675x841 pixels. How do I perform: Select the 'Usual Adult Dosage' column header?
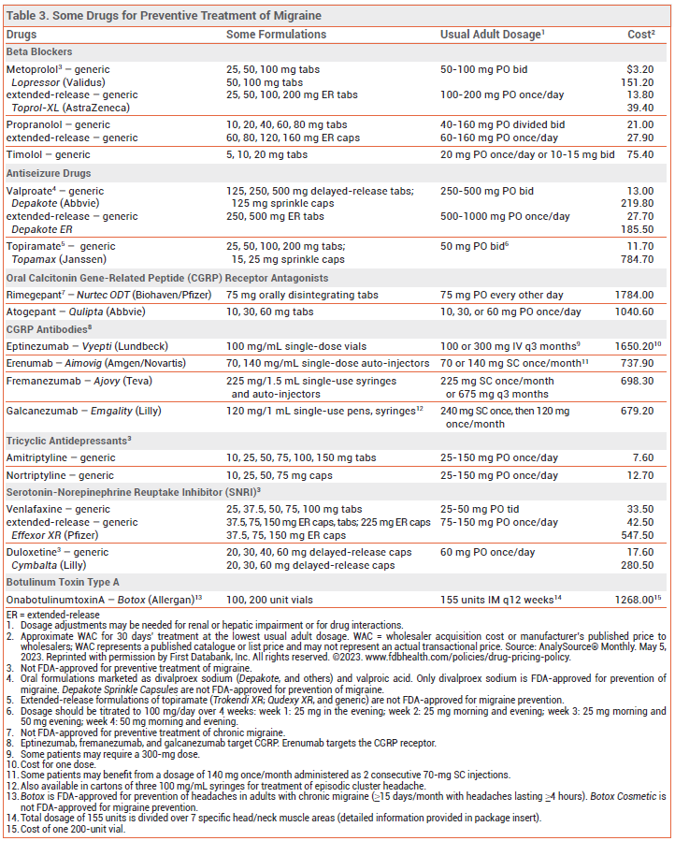coord(492,35)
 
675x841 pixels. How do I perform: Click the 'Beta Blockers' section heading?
coord(39,51)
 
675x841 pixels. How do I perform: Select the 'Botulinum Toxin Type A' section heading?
coord(64,581)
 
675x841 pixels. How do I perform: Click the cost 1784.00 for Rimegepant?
coord(634,295)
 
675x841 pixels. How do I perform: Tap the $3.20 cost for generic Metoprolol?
coord(639,69)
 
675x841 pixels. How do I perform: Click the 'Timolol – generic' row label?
coord(49,154)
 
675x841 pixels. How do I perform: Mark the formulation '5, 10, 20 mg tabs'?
coord(266,154)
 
